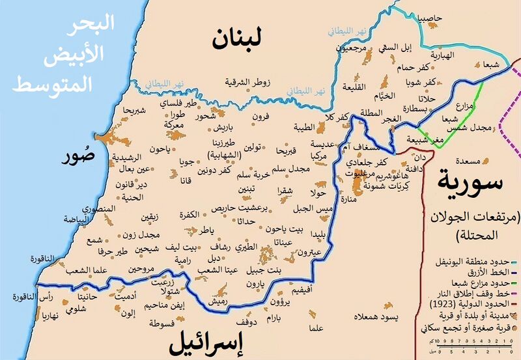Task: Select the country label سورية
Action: (x=470, y=178)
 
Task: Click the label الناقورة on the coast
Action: (x=44, y=259)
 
